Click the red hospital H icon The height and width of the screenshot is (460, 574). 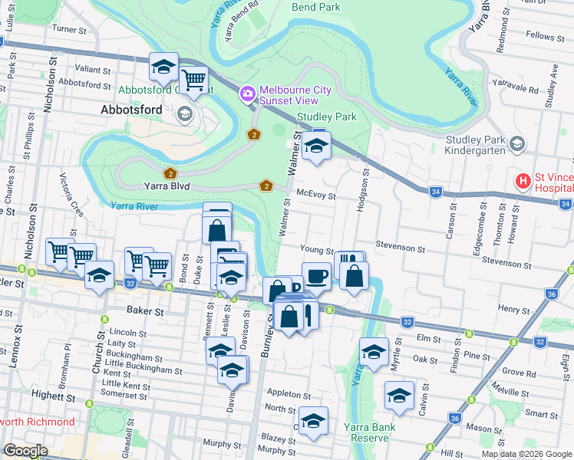[x=523, y=182]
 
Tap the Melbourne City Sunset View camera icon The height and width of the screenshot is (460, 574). [x=248, y=95]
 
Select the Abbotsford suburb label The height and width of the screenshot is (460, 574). [x=132, y=110]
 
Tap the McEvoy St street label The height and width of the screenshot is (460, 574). [x=316, y=196]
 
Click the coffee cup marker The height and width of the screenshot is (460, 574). [x=316, y=275]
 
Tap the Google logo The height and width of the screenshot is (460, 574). [x=25, y=451]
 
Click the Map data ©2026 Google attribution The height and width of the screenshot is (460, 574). [x=526, y=454]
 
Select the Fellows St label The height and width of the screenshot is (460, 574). [x=546, y=36]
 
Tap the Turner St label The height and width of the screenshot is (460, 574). [x=68, y=29]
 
